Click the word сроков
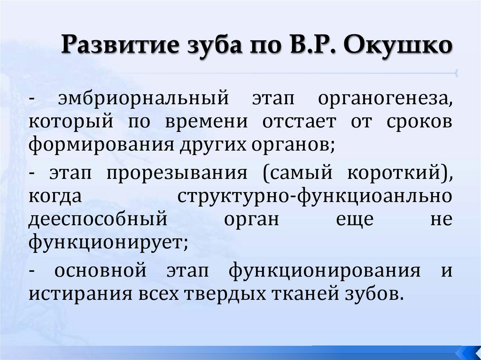coord(420,122)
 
